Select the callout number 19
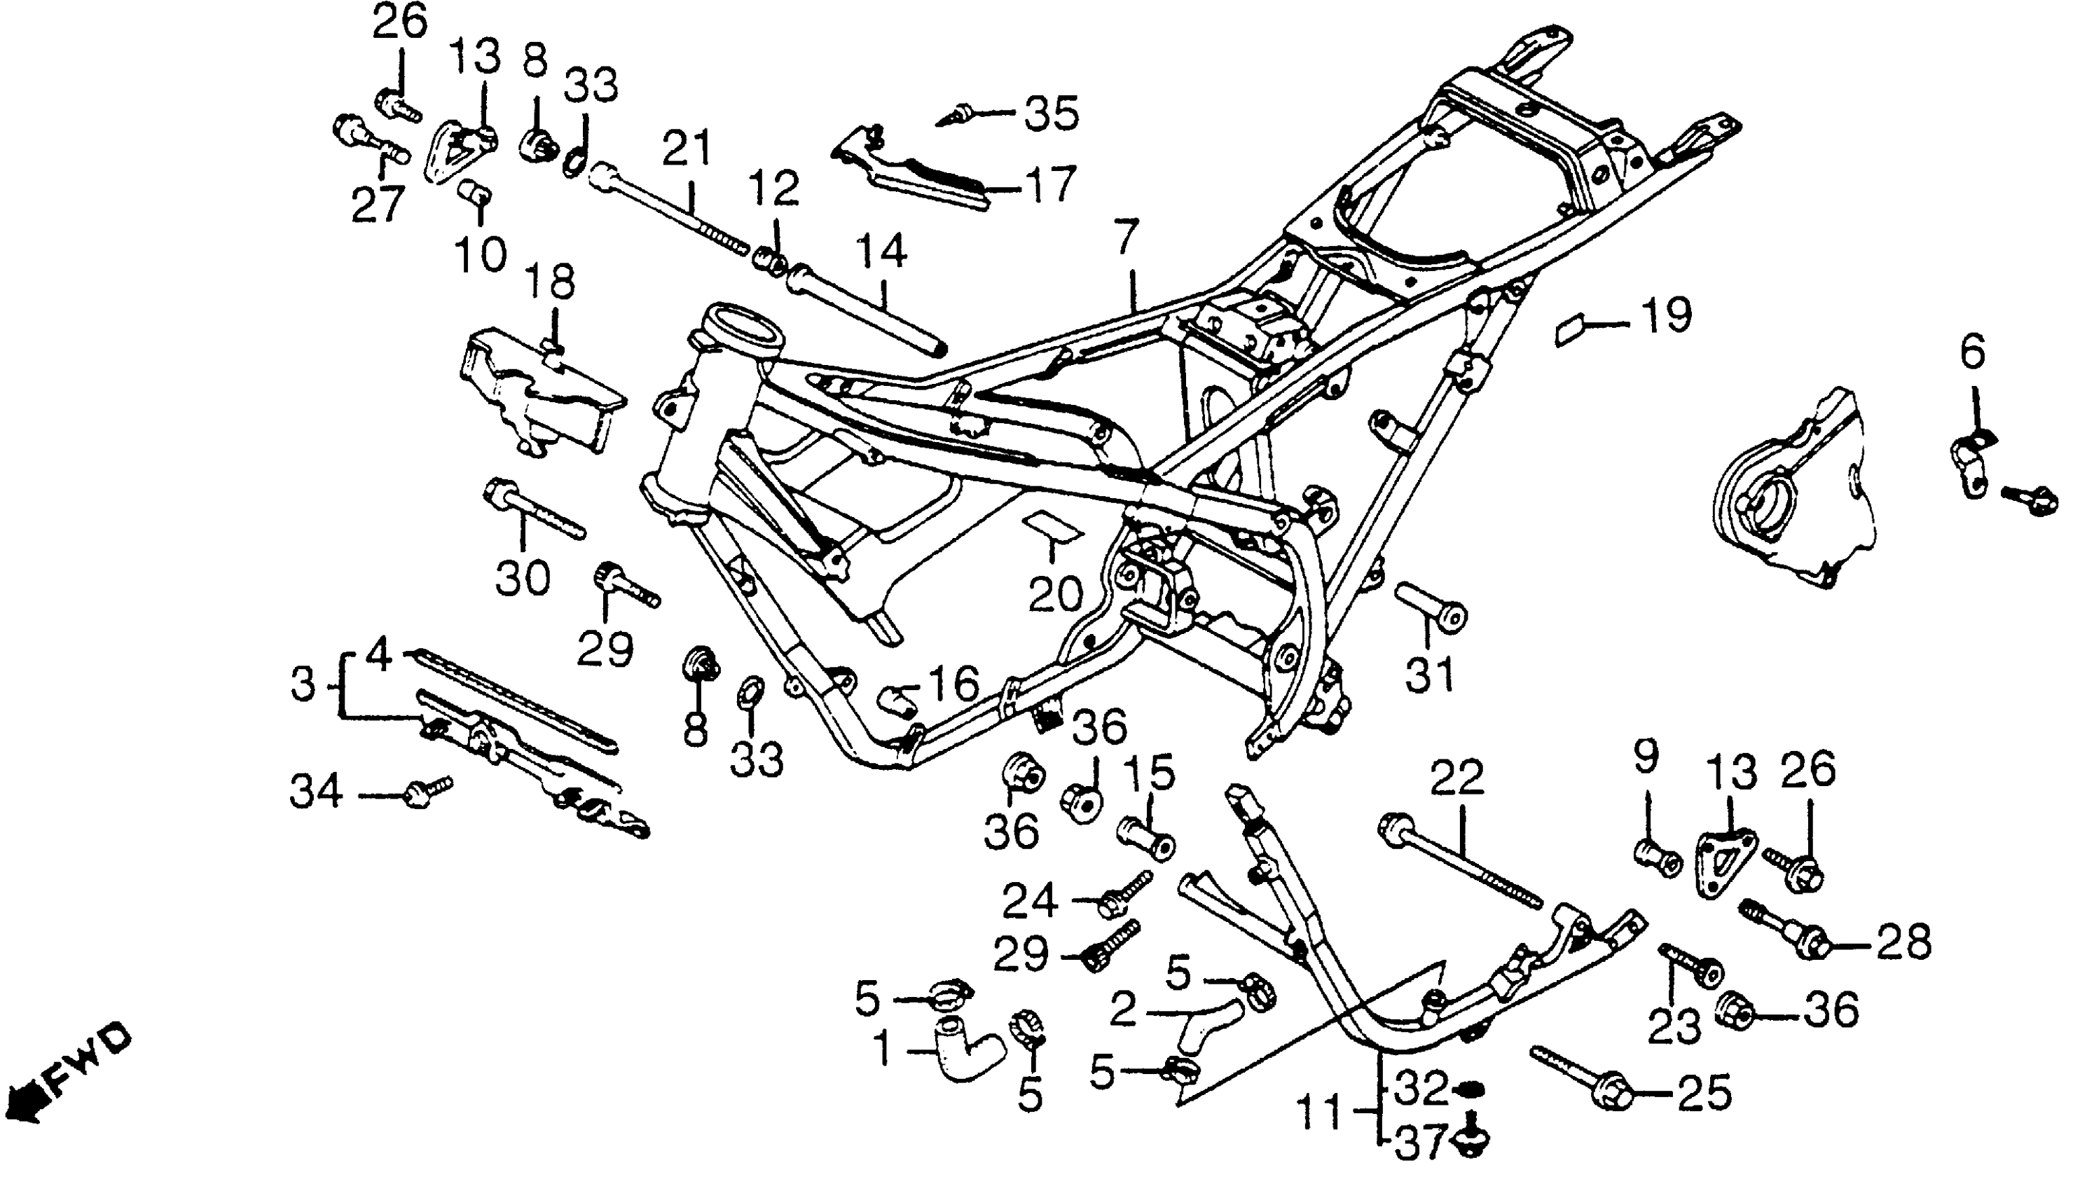[x=1666, y=316]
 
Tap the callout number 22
[x=1458, y=778]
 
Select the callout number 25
[x=1705, y=1092]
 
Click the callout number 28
[x=1905, y=942]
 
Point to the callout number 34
[x=317, y=792]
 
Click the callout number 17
[x=1050, y=185]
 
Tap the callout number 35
[x=1052, y=113]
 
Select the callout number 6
[x=1972, y=353]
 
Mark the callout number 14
[x=883, y=251]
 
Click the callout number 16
[x=954, y=683]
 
